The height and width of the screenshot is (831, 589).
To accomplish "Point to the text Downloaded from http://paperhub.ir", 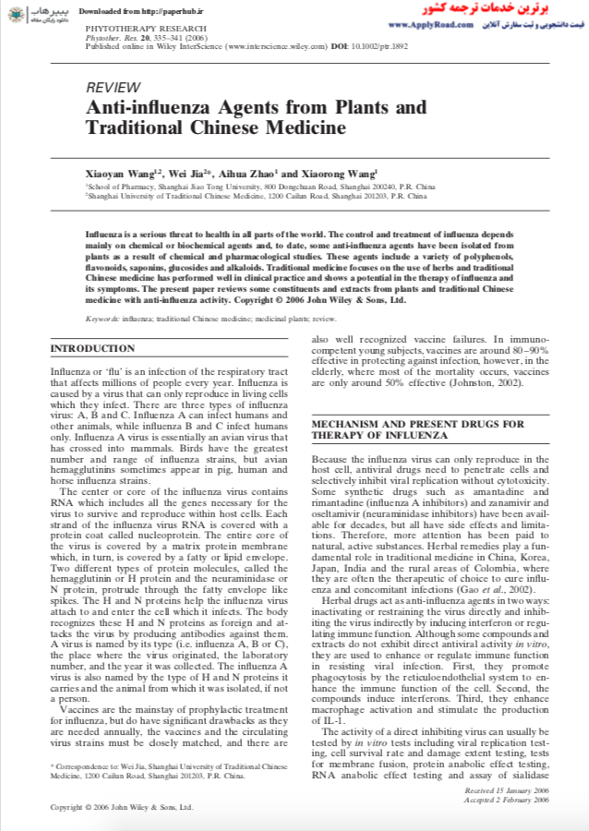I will [126, 10].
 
